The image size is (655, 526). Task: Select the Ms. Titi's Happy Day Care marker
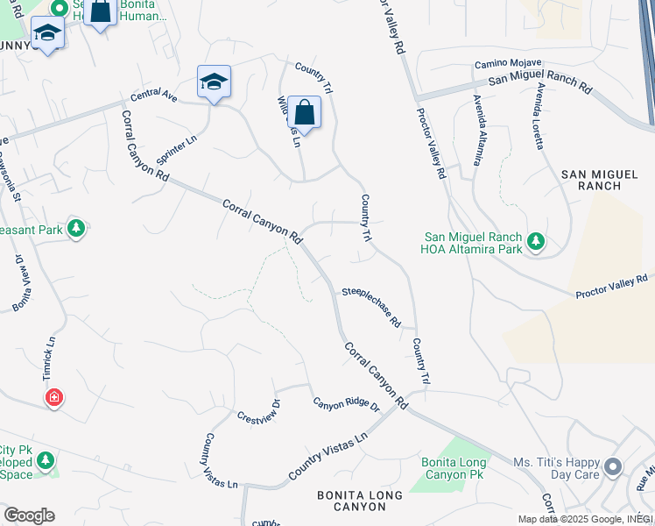[612, 466]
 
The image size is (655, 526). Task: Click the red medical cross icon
[54, 398]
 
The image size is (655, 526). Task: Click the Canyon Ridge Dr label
[346, 404]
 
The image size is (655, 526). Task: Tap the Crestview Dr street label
[258, 410]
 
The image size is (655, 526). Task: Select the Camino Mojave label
[508, 64]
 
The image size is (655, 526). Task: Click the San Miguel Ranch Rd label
[539, 84]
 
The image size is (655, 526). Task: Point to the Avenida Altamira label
[477, 130]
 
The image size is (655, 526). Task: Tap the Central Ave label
[154, 96]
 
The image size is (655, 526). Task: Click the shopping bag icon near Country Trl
[304, 113]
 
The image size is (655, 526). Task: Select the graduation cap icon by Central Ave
[214, 82]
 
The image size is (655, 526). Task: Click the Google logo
[28, 515]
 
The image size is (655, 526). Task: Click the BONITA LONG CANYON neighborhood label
[360, 501]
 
